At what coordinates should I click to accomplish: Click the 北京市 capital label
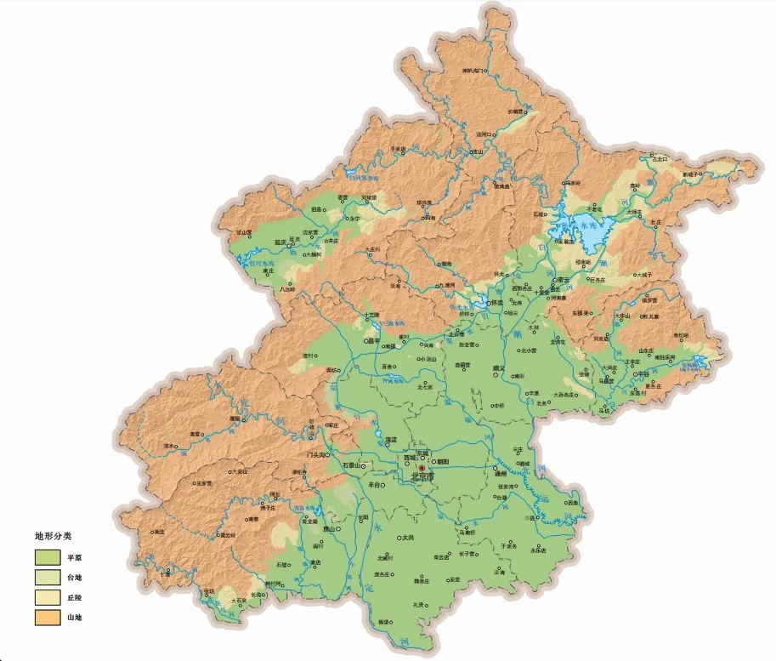(422, 478)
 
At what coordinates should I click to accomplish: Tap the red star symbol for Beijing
(422, 468)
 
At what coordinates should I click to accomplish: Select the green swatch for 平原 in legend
(46, 557)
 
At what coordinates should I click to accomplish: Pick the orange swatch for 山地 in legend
(46, 618)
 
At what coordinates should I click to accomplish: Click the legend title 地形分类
(53, 537)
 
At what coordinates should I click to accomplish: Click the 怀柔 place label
(497, 303)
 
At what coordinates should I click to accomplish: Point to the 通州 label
(501, 475)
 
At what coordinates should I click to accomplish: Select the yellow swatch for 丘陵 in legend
(46, 598)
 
